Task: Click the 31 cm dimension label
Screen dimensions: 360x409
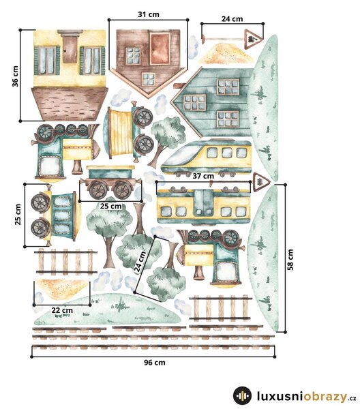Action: coord(149,14)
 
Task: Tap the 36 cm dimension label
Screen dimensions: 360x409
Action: coord(16,76)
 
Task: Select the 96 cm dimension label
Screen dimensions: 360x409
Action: coord(155,363)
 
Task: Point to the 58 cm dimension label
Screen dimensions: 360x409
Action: coord(290,260)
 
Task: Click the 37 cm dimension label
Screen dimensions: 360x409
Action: coord(203,176)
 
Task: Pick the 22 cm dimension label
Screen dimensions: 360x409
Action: coord(62,310)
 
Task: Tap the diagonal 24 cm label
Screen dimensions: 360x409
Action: coord(140,262)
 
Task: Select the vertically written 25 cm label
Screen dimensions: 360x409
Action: coord(18,214)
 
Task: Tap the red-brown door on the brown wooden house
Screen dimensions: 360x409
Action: coord(160,49)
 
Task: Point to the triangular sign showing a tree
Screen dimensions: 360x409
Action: coord(261,182)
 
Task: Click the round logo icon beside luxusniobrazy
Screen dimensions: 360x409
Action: coord(242,396)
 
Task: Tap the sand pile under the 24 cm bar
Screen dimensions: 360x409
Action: coord(226,53)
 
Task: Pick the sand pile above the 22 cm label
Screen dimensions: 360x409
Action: coord(62,288)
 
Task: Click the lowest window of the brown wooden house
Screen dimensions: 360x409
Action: coord(149,79)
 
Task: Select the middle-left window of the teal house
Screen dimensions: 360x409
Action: coord(194,102)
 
